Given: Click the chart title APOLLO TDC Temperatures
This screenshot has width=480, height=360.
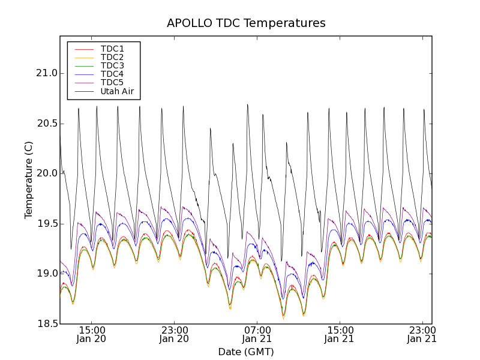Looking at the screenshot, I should [246, 23].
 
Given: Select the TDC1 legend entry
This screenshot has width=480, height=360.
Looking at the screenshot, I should [112, 49].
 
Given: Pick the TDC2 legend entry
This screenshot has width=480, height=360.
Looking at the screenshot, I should [112, 57].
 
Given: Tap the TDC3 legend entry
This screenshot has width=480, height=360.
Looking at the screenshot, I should [112, 65].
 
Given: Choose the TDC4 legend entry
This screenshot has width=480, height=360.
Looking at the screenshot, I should [112, 74].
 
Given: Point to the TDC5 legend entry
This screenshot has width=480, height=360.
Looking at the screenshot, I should [112, 83].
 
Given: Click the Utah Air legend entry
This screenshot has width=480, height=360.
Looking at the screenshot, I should [117, 92].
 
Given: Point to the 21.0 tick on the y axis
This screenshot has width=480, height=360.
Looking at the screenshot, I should [46, 73].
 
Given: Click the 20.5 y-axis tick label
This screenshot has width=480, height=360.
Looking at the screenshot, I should [46, 124].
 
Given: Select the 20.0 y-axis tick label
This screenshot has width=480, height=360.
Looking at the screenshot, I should [46, 173].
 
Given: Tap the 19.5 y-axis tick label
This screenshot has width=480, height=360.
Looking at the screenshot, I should [46, 224].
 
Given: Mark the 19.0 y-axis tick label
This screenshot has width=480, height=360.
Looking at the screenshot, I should [46, 274].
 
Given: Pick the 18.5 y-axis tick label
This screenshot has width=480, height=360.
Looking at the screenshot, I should [46, 324].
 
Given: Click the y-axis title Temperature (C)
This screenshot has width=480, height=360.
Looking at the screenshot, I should [29, 180].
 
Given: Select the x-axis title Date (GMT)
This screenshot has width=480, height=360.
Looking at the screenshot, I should [246, 352].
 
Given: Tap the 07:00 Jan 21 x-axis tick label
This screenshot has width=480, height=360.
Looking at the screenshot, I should [257, 334].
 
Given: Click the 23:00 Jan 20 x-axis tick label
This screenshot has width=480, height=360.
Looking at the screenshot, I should [174, 334].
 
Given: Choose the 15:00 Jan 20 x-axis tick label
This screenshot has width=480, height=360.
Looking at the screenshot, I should [91, 334].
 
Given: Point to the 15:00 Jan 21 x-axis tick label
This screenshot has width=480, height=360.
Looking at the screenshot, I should [340, 334].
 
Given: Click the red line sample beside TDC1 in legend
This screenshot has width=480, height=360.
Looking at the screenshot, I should [83, 49].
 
